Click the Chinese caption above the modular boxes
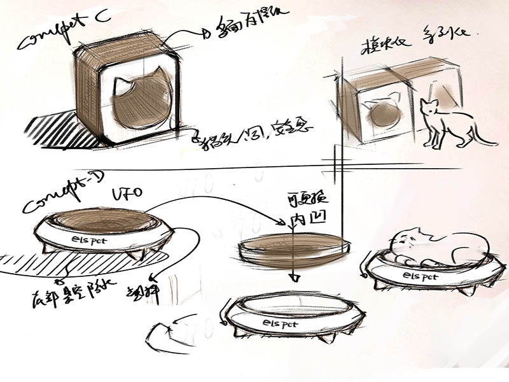click(407, 48)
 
